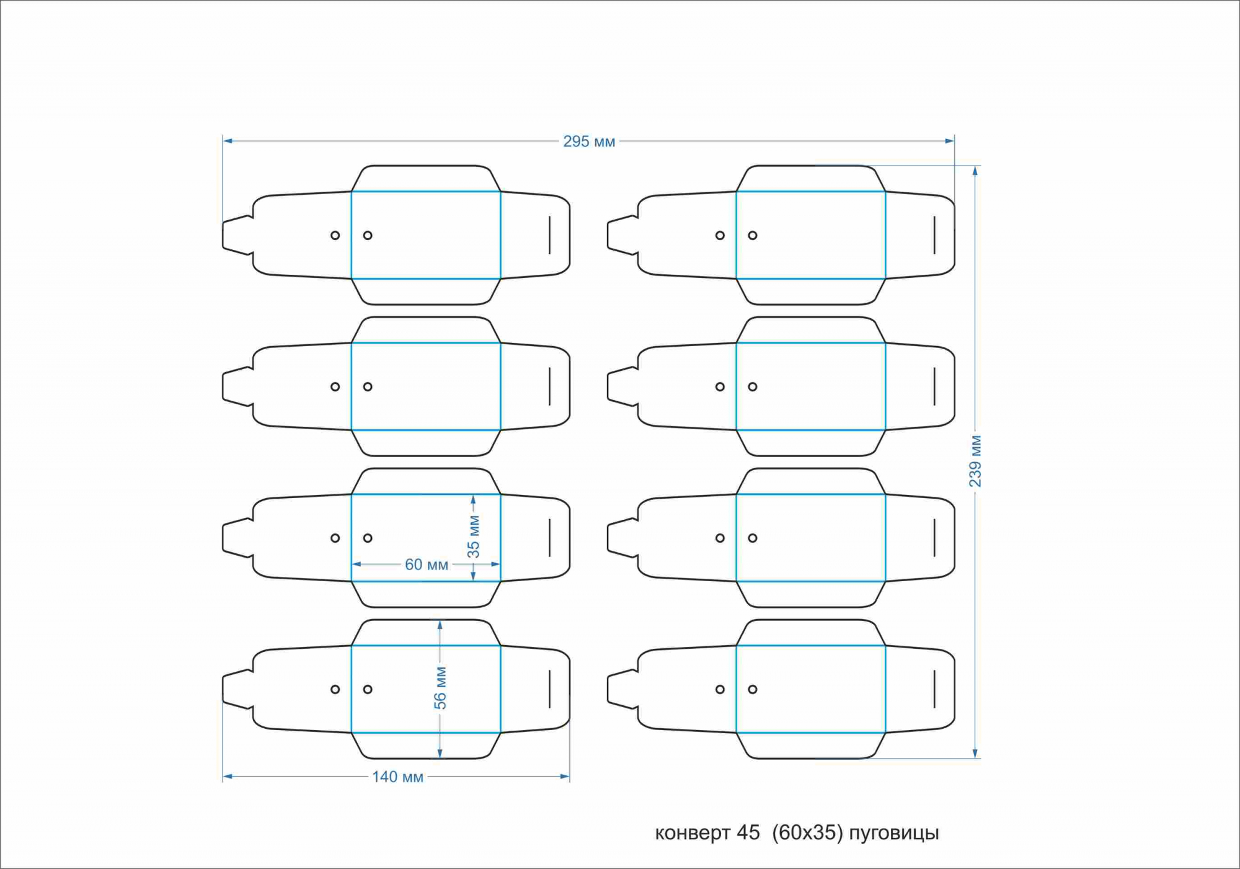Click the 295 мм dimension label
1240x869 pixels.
point(588,141)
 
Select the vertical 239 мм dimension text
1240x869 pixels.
point(975,461)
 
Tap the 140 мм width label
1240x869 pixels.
point(397,777)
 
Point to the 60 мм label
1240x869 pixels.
point(426,564)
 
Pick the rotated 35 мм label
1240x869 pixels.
point(474,537)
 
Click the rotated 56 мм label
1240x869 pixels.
point(440,688)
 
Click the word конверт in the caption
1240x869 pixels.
point(693,833)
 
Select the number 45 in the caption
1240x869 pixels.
point(748,832)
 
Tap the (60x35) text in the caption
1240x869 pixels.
point(807,832)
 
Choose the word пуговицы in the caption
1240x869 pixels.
point(893,834)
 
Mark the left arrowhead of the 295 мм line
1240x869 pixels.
point(228,141)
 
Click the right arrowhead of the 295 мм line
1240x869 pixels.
point(949,141)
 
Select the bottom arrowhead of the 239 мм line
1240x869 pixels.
point(975,753)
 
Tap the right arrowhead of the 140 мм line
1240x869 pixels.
point(565,776)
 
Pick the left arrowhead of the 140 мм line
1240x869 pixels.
point(228,776)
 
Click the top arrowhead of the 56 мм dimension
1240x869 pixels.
point(440,625)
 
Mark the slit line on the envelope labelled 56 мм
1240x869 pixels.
point(549,689)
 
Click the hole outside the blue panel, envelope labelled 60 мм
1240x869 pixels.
point(335,538)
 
